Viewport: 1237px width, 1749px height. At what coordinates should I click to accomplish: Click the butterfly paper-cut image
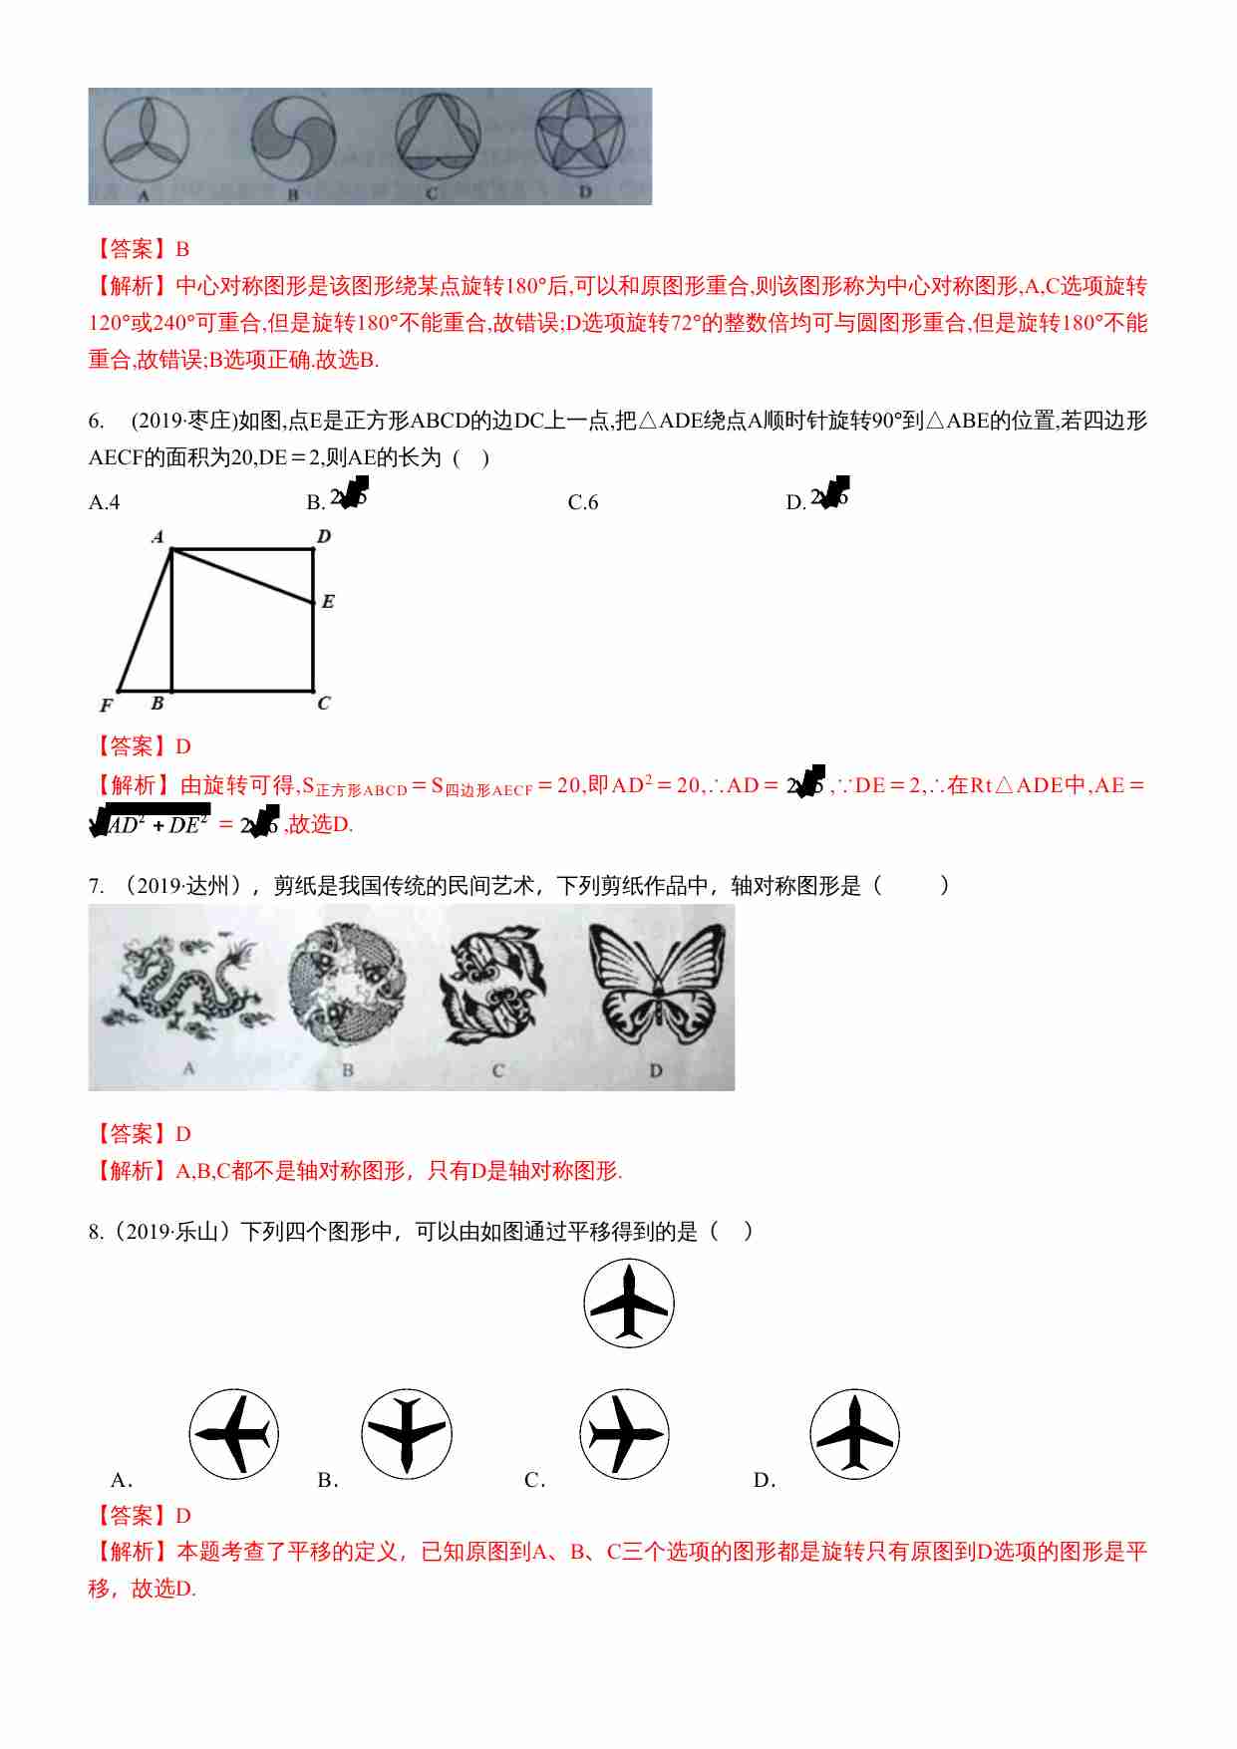(657, 983)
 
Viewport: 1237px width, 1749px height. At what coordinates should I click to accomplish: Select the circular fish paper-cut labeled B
(347, 984)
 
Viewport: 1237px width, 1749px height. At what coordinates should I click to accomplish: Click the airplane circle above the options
(629, 1304)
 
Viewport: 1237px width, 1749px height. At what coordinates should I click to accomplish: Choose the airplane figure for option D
(854, 1434)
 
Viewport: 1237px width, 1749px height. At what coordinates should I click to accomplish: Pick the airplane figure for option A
(233, 1434)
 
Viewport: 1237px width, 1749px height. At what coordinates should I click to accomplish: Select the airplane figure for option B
(407, 1434)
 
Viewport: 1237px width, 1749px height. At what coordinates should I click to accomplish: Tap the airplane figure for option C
(625, 1434)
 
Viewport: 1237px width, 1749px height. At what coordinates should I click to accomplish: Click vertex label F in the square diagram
(106, 706)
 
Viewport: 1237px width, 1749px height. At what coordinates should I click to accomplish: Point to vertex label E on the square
(328, 601)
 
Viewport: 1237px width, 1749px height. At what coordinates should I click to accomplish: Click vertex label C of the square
(324, 704)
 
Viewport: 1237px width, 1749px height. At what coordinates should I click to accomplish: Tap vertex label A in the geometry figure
(157, 536)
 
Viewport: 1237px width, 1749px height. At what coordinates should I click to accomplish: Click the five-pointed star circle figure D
(580, 136)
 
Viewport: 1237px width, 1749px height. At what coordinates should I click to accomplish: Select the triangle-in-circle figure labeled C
(438, 137)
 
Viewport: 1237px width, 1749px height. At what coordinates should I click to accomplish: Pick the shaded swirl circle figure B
(292, 138)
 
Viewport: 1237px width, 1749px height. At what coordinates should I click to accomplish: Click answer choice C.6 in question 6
(583, 502)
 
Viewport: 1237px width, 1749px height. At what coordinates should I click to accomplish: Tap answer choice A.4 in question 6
(105, 502)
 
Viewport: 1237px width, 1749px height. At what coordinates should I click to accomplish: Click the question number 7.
(96, 886)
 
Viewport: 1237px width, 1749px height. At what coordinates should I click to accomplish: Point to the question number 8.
(96, 1232)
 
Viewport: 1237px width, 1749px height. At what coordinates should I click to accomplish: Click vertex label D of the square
(324, 536)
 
